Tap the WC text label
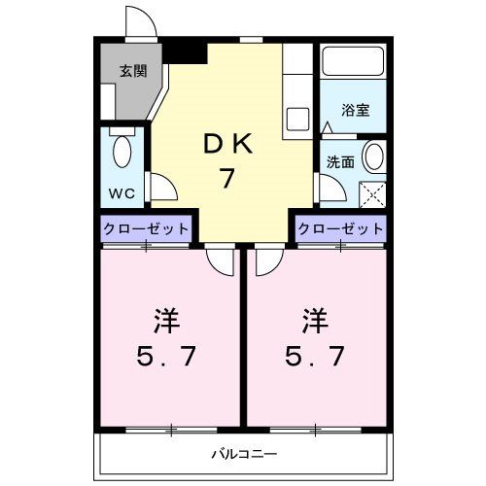click(120, 191)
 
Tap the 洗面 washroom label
click(339, 161)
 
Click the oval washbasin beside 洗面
click(371, 156)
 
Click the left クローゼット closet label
click(146, 229)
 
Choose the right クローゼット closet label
click(340, 229)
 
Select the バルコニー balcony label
click(244, 454)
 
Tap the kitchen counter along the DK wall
click(296, 92)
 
